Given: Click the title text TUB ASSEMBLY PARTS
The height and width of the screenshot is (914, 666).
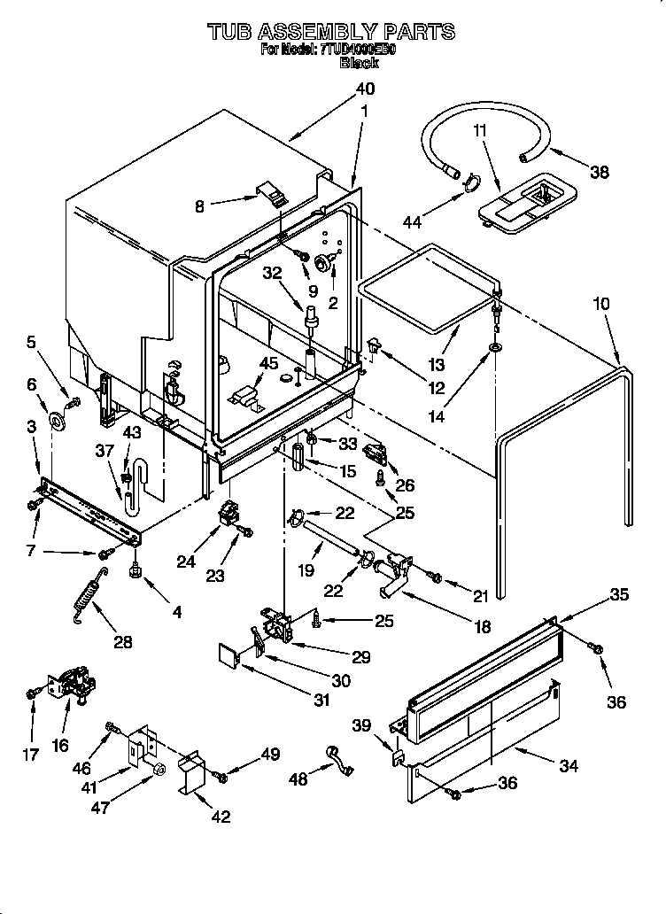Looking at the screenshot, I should (x=331, y=32).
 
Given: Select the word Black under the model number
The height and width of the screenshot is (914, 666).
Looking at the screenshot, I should (x=359, y=63).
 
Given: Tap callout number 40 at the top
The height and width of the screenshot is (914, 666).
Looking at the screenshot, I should (x=365, y=89).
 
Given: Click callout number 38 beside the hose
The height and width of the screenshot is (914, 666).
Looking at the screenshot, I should (x=600, y=173).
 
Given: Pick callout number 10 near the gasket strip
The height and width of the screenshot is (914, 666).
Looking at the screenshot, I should (x=601, y=304).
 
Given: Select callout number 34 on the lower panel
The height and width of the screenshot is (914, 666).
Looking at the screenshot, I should (x=569, y=765).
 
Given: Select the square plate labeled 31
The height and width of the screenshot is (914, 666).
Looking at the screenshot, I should (x=229, y=658).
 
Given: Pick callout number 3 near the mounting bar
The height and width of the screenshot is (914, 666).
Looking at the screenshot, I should (x=33, y=427).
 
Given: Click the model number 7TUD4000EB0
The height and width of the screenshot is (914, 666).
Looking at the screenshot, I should (x=358, y=50).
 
